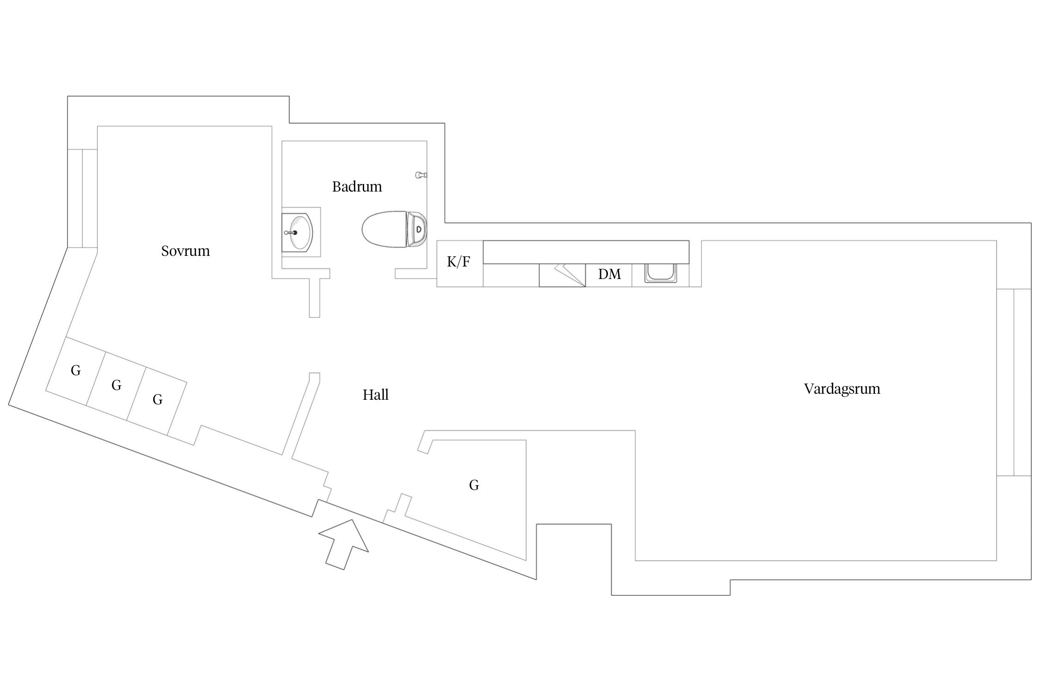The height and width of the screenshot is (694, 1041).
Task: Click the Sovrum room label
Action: click(186, 251)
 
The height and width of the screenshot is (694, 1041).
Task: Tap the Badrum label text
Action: click(357, 187)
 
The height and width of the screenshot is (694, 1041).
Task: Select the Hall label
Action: click(375, 395)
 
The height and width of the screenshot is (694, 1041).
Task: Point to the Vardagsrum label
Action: click(842, 389)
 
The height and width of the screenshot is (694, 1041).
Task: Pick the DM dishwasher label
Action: click(609, 274)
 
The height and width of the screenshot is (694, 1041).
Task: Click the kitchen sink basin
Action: click(660, 273)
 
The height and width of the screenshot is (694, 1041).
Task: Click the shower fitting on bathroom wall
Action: click(421, 175)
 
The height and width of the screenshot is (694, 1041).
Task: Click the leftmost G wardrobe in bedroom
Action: click(75, 371)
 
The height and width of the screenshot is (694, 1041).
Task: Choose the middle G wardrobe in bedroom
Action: click(116, 385)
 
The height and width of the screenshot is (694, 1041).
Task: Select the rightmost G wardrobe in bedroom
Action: click(157, 400)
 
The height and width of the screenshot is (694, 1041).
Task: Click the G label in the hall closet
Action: click(474, 485)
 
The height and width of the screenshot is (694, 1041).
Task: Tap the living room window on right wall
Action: click(1013, 382)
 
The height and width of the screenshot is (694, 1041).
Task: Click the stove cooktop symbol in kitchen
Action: click(562, 275)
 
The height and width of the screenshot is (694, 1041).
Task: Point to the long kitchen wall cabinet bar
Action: click(586, 252)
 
